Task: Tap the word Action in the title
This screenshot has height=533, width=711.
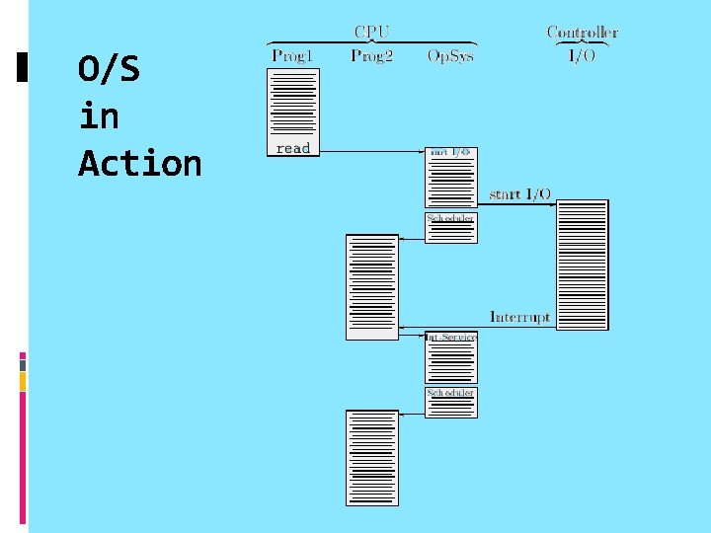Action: pyautogui.click(x=139, y=163)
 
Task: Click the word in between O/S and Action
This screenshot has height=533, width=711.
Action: pyautogui.click(x=98, y=117)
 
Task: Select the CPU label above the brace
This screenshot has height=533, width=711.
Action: pyautogui.click(x=370, y=31)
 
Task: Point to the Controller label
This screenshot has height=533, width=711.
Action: pyautogui.click(x=583, y=32)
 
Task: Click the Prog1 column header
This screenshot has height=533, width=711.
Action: pyautogui.click(x=292, y=55)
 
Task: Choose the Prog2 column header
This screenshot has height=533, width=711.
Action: pyautogui.click(x=371, y=55)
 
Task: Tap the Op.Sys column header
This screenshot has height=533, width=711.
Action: pyautogui.click(x=450, y=55)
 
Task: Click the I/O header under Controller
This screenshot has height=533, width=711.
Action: pyautogui.click(x=582, y=55)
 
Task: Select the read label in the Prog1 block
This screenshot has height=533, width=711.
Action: pyautogui.click(x=293, y=148)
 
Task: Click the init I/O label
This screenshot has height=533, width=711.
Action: pyautogui.click(x=451, y=152)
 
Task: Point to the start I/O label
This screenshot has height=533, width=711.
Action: pyautogui.click(x=519, y=193)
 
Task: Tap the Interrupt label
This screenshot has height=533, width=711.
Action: pyautogui.click(x=520, y=317)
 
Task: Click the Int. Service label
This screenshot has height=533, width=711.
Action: pyautogui.click(x=451, y=338)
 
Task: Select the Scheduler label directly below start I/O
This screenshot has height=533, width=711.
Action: pyautogui.click(x=451, y=217)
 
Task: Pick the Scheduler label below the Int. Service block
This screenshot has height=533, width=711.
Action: pyautogui.click(x=451, y=393)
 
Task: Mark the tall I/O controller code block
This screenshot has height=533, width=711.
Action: pyautogui.click(x=583, y=265)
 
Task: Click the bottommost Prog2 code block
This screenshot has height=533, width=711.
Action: pyautogui.click(x=371, y=458)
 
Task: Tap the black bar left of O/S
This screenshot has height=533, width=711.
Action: pyautogui.click(x=23, y=66)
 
